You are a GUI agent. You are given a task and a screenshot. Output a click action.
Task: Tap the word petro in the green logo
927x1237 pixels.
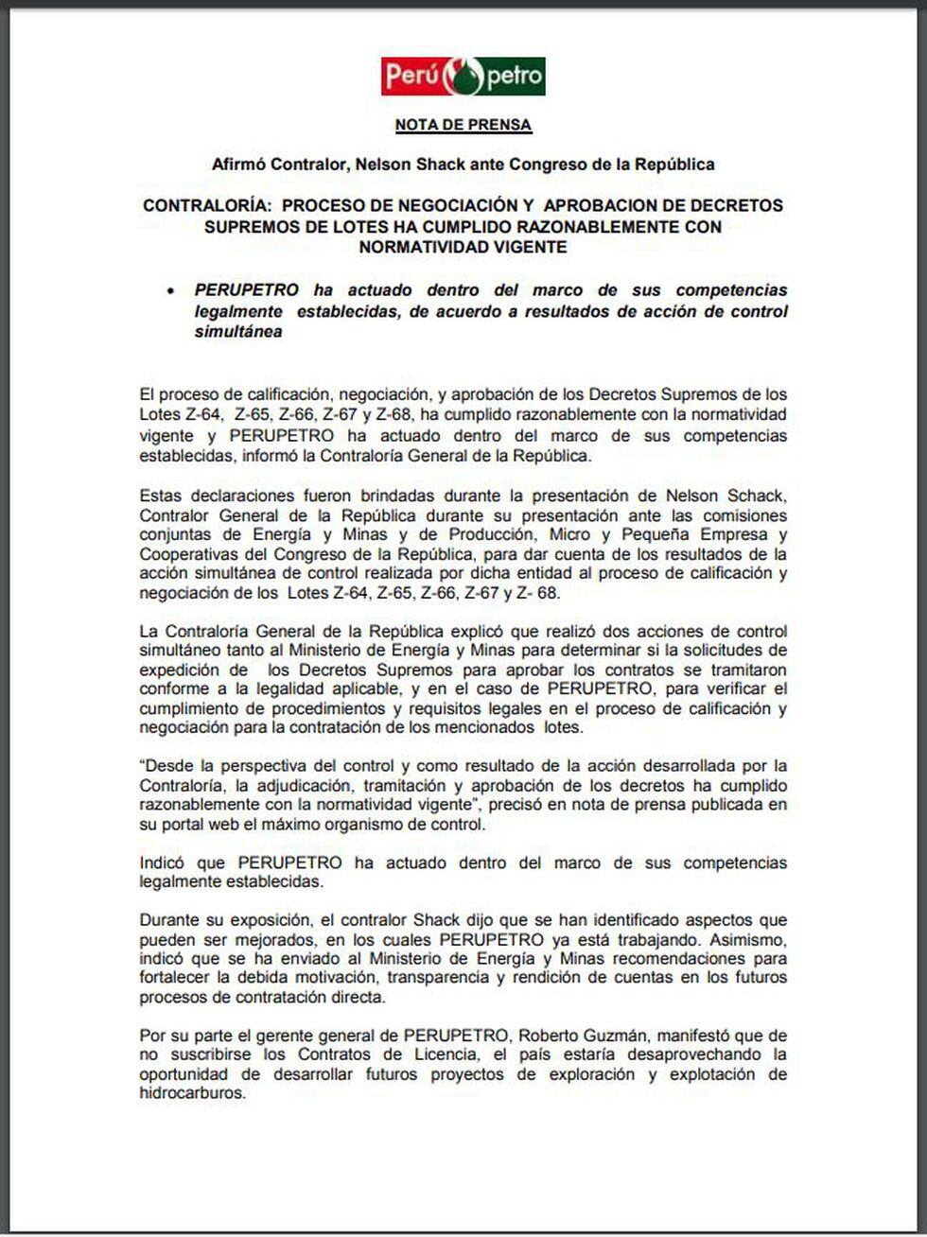[515, 76]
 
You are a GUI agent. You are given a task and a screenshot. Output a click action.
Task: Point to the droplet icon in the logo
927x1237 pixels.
[463, 76]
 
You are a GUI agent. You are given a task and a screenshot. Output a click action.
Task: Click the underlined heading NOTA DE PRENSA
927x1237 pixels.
[463, 125]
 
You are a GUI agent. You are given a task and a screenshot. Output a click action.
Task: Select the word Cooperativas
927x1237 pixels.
[188, 554]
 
